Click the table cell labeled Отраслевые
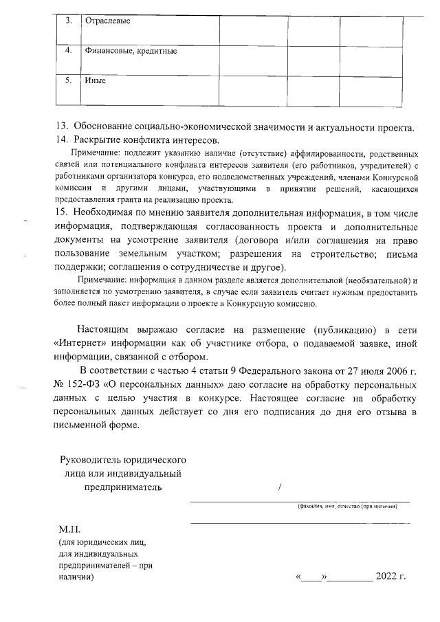tap(107, 21)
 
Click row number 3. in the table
tap(69, 20)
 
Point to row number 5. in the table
tap(69, 81)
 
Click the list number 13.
tap(61, 127)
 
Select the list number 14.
tap(61, 140)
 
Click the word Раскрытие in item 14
tap(96, 140)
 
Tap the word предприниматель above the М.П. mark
tap(124, 488)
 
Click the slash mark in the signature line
tap(280, 488)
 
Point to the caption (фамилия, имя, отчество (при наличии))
tap(347, 507)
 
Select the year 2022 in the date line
tap(387, 577)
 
